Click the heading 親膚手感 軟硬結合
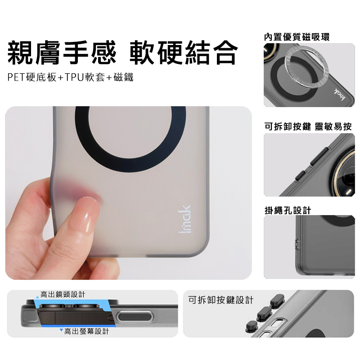pyautogui.click(x=122, y=53)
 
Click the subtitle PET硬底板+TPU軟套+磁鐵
pyautogui.click(x=70, y=77)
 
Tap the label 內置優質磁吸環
pyautogui.click(x=297, y=37)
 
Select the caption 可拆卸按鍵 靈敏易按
pyautogui.click(x=308, y=126)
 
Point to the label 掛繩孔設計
pyautogui.click(x=288, y=210)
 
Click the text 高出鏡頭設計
pyautogui.click(x=63, y=294)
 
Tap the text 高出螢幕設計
pyautogui.click(x=86, y=331)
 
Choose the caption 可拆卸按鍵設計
pyautogui.click(x=221, y=300)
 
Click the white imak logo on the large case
pyautogui.click(x=185, y=219)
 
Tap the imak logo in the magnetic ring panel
pyautogui.click(x=340, y=94)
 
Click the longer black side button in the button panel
pyautogui.click(x=320, y=156)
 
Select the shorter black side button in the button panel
pyautogui.click(x=301, y=175)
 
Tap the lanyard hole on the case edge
pyautogui.click(x=296, y=244)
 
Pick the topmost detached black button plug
pyautogui.click(x=278, y=300)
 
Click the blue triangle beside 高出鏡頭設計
pyautogui.click(x=37, y=297)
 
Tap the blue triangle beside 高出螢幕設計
pyautogui.click(x=61, y=330)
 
